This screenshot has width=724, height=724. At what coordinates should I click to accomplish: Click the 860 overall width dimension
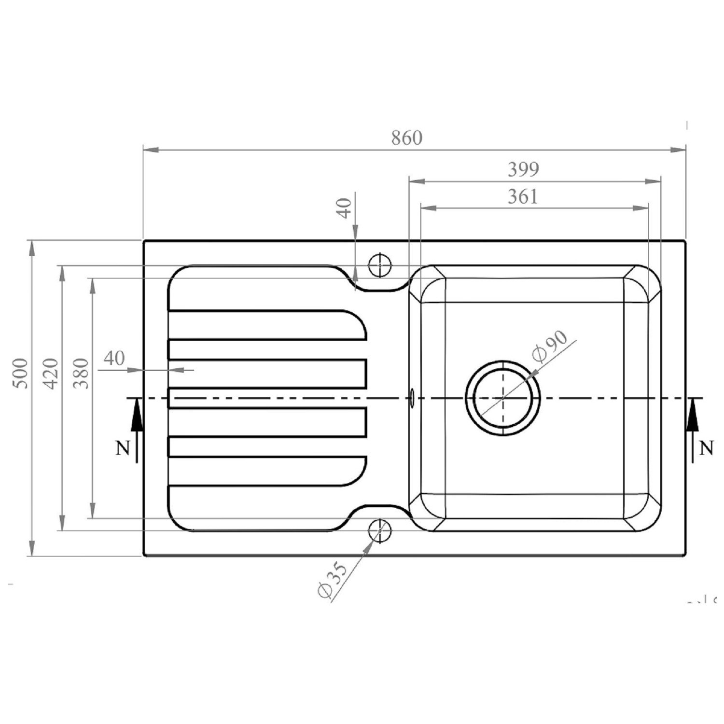coord(406,138)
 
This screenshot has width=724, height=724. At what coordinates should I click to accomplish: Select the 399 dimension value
coord(523,169)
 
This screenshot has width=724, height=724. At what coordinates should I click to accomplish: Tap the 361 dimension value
coord(523,196)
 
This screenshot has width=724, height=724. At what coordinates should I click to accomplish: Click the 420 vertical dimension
coord(51,373)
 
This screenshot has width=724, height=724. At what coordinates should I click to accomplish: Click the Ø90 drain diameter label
coord(549,346)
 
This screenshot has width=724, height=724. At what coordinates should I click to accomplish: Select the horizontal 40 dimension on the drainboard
coord(114,358)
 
